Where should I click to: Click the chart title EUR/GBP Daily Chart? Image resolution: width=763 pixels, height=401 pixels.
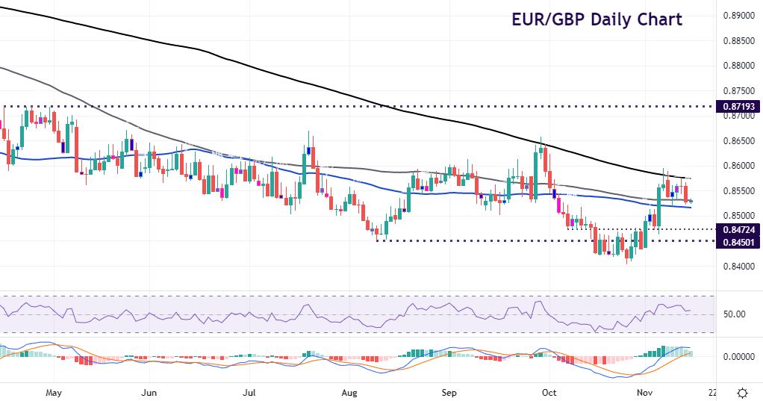point(597,19)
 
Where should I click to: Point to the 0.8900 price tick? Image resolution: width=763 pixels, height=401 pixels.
point(738,16)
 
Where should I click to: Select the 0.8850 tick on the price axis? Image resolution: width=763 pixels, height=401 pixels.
point(738,41)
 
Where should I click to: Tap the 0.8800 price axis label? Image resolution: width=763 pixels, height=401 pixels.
point(738,66)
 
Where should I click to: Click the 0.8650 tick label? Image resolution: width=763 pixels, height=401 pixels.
point(738,141)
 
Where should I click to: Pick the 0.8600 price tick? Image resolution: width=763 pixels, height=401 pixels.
point(738,166)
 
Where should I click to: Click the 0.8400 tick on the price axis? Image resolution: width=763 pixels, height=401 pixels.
point(738,267)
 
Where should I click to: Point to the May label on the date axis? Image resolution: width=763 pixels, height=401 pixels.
point(52,392)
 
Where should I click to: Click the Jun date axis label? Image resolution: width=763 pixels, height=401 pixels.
point(149,392)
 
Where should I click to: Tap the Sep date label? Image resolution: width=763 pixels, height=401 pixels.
point(449,392)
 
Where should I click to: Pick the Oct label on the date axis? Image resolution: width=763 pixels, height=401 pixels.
point(549,392)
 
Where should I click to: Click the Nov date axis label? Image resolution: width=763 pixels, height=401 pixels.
point(646,392)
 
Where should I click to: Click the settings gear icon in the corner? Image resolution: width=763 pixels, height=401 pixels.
point(743,393)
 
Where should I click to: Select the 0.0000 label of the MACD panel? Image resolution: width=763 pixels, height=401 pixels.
point(737,357)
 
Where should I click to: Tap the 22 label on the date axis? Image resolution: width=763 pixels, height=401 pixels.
point(712,392)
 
